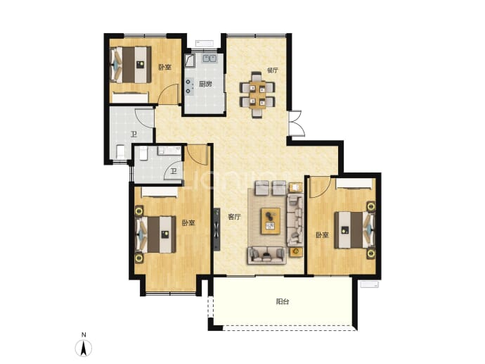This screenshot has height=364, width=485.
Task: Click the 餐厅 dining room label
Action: pos(273,70)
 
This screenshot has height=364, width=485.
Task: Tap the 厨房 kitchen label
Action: pos(205,84)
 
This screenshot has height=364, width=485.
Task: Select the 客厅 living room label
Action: pos(235,217)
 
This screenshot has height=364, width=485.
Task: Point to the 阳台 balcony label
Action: pos(283,301)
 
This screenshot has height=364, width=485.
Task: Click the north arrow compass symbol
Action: pos(84,346)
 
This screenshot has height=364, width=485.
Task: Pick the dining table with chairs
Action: pos(257,94)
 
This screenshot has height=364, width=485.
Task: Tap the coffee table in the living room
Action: pos(271,221)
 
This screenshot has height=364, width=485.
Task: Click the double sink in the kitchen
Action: pos(209,58)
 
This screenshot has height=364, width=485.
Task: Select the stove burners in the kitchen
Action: pos(188,87)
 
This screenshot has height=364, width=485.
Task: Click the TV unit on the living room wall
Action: pos(216,230)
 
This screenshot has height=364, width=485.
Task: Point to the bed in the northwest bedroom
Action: pos(131,65)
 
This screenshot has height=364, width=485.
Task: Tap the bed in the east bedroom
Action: pos(355,230)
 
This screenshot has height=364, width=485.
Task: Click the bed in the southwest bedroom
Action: pos(156,234)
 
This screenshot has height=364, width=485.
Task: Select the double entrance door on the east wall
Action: pos(296,123)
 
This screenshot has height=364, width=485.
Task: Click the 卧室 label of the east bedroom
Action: pos(322,235)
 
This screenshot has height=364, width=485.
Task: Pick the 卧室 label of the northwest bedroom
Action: pos(165,67)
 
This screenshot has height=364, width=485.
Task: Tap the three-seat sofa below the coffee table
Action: pos(266,256)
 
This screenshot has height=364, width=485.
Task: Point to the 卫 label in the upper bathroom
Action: pos(134,134)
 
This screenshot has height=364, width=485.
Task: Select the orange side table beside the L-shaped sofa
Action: pos(296,252)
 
